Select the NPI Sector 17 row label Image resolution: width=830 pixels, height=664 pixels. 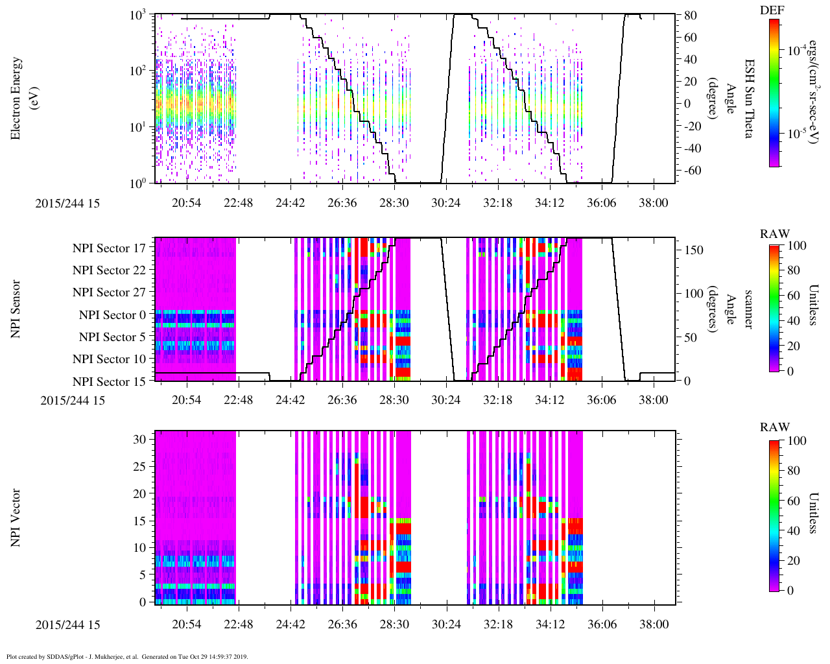point(109,248)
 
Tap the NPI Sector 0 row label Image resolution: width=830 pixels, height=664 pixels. point(112,315)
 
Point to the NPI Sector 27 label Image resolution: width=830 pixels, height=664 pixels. point(109,292)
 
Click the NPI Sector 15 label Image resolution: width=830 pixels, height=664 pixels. point(109,382)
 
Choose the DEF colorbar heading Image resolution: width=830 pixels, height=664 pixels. point(772,10)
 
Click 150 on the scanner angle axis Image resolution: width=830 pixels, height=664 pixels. point(694,250)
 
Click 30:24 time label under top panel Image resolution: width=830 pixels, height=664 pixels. point(445,203)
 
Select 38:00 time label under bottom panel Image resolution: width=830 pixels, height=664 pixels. point(653,625)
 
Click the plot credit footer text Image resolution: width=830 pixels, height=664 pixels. point(126,657)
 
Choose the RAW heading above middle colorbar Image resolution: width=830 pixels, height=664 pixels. point(775,234)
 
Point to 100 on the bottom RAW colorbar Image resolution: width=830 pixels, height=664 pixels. point(796,441)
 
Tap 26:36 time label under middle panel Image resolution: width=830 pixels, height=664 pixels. point(342,400)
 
